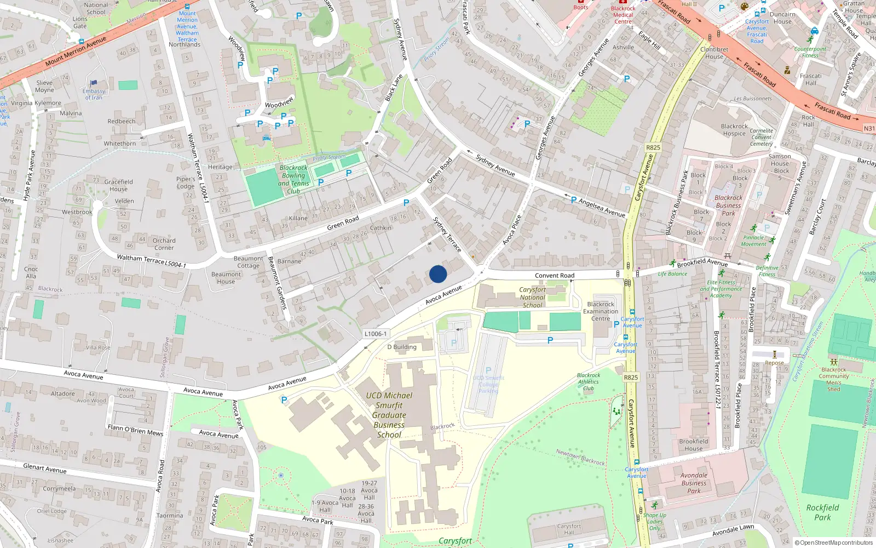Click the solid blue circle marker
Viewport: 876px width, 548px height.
point(438,274)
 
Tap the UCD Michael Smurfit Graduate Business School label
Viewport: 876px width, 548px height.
point(389,415)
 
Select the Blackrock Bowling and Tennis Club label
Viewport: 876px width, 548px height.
point(294,180)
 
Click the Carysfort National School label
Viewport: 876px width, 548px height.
point(532,298)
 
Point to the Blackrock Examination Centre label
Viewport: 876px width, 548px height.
point(601,311)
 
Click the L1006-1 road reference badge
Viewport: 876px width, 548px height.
point(376,334)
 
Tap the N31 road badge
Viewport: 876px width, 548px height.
point(869,128)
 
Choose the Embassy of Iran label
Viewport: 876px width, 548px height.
point(94,94)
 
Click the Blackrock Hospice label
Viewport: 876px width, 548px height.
point(734,130)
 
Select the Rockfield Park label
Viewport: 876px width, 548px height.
point(822,512)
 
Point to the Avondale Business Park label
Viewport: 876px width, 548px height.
point(694,483)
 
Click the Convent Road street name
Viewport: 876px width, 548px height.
point(555,276)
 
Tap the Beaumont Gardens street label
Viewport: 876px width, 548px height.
point(277,283)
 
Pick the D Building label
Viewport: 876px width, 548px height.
point(402,347)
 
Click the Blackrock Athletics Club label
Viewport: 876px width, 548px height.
point(589,382)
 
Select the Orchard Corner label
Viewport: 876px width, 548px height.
point(164,244)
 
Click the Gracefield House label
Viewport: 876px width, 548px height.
point(118,185)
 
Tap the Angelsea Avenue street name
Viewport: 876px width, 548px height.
point(602,208)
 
